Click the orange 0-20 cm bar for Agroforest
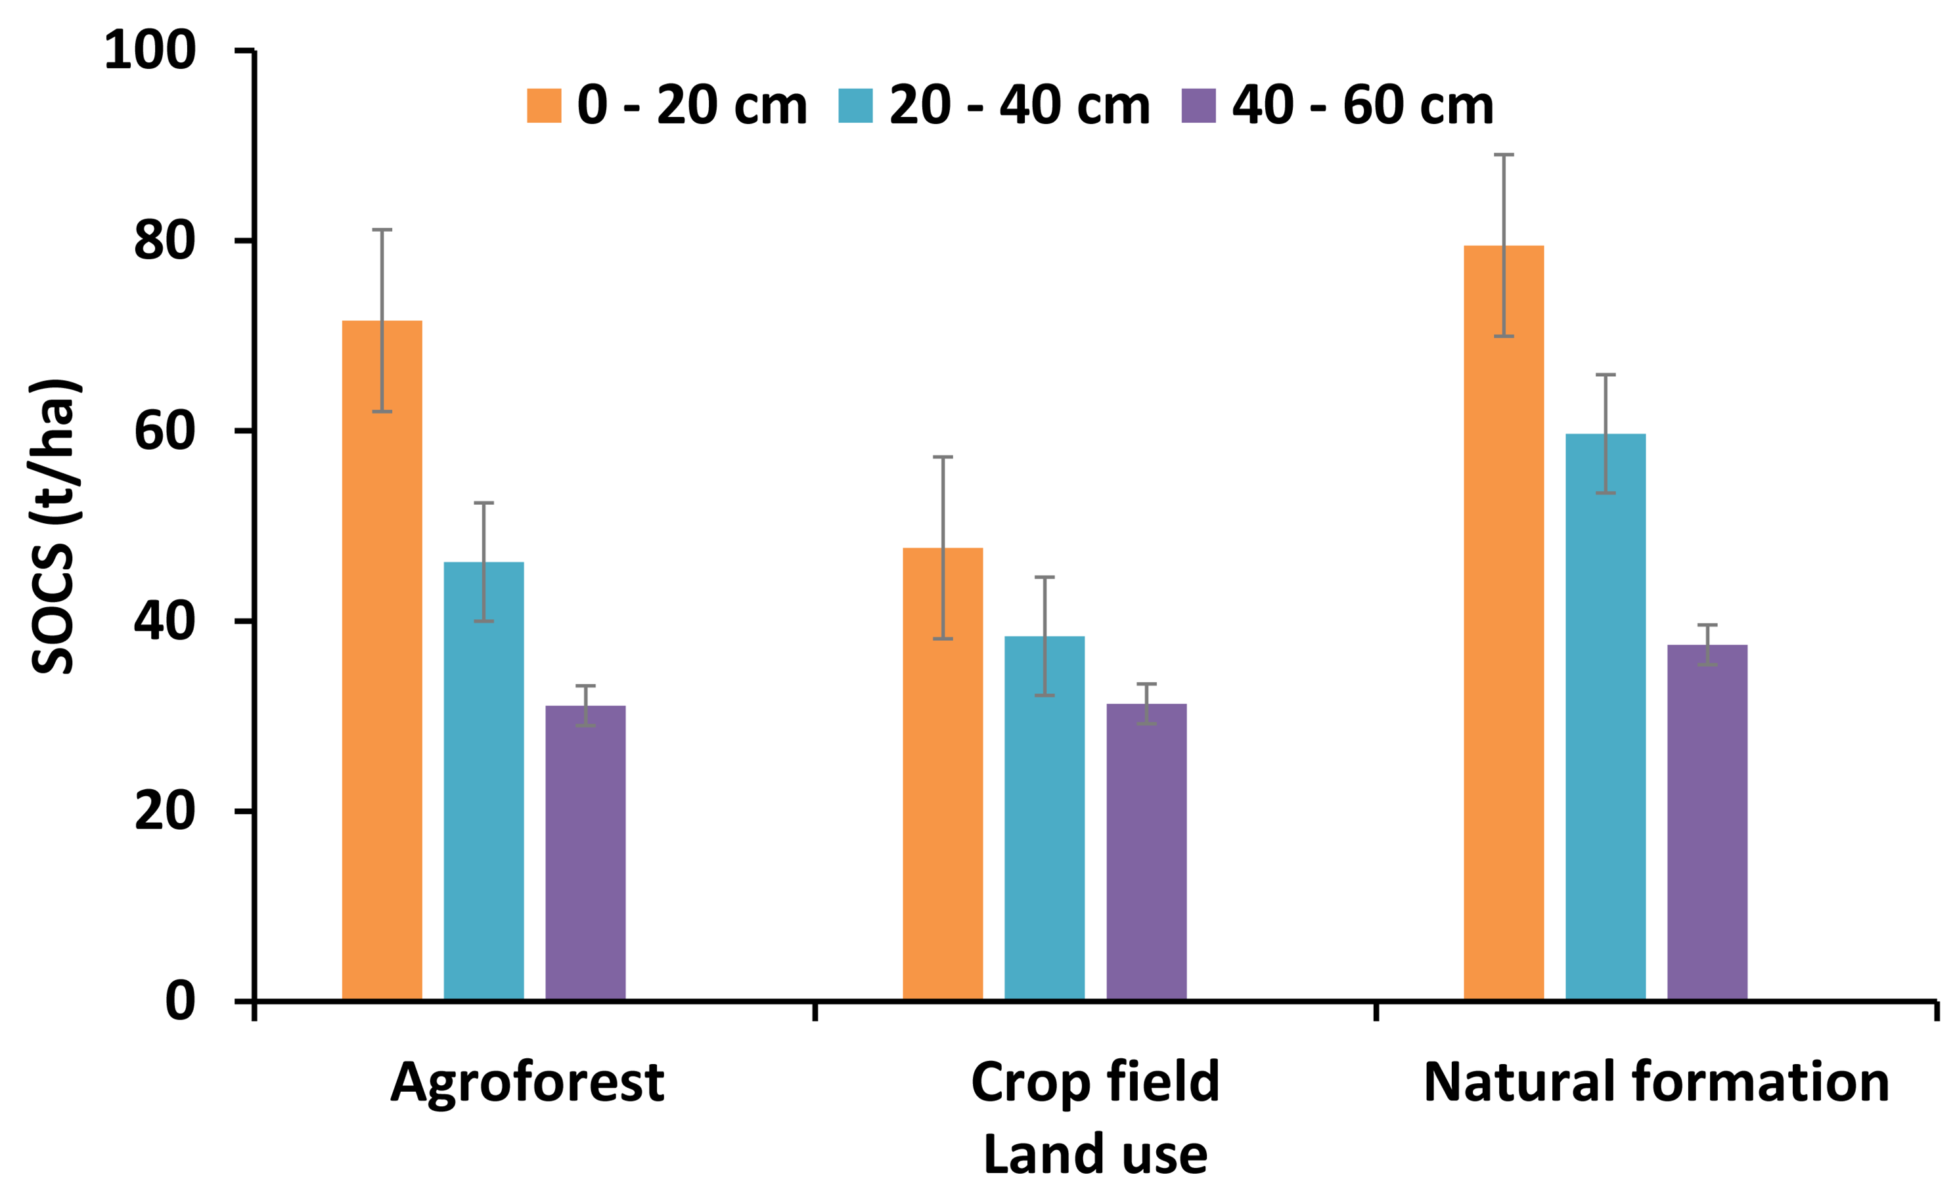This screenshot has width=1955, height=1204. point(382,661)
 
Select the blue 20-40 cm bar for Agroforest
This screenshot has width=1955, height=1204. point(483,781)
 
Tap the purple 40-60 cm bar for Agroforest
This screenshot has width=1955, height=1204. point(585,852)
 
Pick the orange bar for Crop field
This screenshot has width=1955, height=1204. point(943,773)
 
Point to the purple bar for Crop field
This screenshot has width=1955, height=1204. point(1146,851)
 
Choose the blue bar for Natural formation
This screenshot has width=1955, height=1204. point(1606,717)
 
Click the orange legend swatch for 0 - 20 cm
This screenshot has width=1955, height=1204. point(543,105)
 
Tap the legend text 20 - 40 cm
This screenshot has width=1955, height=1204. point(1019,105)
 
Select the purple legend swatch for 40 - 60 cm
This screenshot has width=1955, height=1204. point(1198,105)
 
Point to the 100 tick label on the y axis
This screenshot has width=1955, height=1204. point(150,50)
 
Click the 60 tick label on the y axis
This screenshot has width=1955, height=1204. point(164,431)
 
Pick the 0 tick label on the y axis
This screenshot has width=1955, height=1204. point(180,1001)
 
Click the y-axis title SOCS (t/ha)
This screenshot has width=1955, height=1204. point(54,526)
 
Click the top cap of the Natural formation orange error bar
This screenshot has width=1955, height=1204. point(1503,154)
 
